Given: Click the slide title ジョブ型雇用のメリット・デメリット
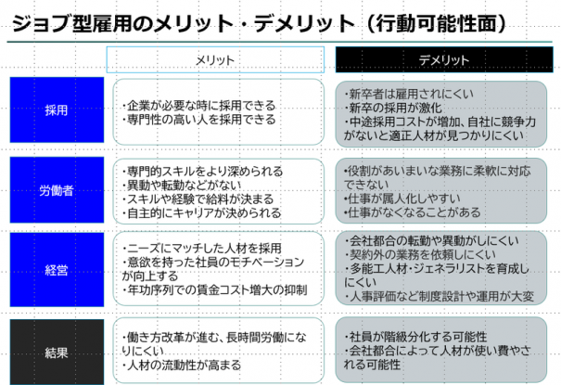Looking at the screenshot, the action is (184, 23).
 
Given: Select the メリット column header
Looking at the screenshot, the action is (215, 59).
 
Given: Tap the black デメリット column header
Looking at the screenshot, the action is (444, 59).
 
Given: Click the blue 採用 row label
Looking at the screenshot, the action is (57, 109).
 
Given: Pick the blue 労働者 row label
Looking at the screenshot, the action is (57, 190).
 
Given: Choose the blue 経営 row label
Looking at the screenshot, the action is (57, 269).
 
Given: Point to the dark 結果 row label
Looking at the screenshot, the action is (57, 353).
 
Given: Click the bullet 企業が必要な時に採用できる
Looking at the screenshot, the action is (199, 106).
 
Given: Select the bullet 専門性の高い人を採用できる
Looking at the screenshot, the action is (199, 119).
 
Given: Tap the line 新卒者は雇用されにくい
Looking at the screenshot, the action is (409, 94).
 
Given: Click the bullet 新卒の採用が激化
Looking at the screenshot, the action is (393, 108).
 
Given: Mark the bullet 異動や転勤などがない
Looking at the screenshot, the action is (182, 186).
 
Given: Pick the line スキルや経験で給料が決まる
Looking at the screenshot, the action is (198, 199).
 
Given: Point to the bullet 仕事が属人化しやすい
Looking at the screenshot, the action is (402, 199).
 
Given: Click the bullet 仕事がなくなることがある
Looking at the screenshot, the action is (412, 212).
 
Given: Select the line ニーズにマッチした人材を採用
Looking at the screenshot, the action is (202, 249).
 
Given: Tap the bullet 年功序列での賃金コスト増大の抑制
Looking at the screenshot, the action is (214, 290).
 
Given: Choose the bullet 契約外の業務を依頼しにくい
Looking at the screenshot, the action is (420, 254).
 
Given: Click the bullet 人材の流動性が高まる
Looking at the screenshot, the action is (182, 366).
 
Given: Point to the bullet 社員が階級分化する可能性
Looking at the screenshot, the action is (415, 337).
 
